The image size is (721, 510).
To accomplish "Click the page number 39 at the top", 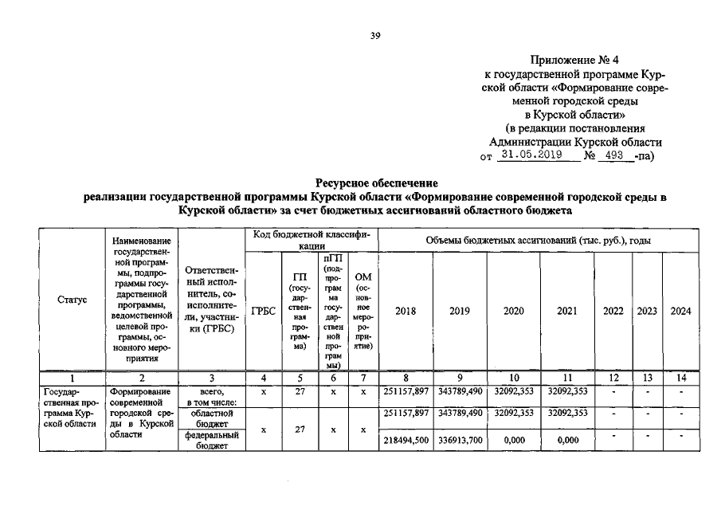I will tap(375, 35).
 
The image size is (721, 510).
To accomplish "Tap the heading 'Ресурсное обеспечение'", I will tap(376, 183).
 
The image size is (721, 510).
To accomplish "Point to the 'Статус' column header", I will tap(72, 300).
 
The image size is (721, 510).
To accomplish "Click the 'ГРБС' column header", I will tap(263, 311).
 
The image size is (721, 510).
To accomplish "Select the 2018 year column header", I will tap(406, 311).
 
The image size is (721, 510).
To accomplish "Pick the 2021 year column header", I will tap(564, 311).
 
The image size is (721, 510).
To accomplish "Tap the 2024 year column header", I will tap(680, 311).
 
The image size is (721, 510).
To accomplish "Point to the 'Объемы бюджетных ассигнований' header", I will tap(539, 240).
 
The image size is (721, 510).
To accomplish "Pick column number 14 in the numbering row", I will tap(680, 378).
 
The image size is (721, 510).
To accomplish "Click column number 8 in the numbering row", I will tap(406, 378).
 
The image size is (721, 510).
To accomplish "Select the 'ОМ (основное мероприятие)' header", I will tap(362, 311).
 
